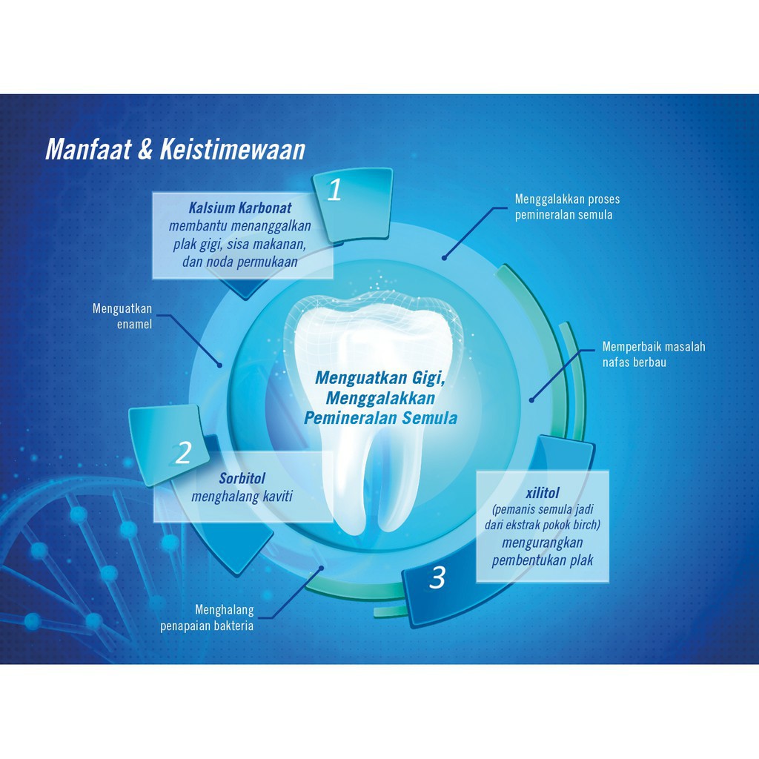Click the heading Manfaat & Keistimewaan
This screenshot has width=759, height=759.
(x=175, y=149)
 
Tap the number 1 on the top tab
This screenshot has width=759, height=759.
(x=334, y=191)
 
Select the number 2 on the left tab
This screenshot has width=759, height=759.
(x=183, y=452)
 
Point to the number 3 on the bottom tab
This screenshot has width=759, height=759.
(x=437, y=578)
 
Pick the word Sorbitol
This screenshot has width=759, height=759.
(x=242, y=478)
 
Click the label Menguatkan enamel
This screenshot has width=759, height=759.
(x=122, y=316)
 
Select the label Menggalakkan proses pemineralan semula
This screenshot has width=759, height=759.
(x=567, y=207)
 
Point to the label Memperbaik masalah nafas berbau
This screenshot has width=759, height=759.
(x=653, y=354)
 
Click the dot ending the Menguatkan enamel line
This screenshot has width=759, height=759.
(x=219, y=365)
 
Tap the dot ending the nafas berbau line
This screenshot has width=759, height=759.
(x=531, y=400)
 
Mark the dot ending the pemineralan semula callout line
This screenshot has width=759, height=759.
(x=445, y=258)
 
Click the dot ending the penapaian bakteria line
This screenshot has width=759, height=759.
(x=321, y=569)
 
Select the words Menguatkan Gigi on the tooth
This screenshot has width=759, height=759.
(x=380, y=377)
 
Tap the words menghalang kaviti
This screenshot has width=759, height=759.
(x=242, y=496)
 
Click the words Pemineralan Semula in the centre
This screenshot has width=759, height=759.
(x=380, y=418)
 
